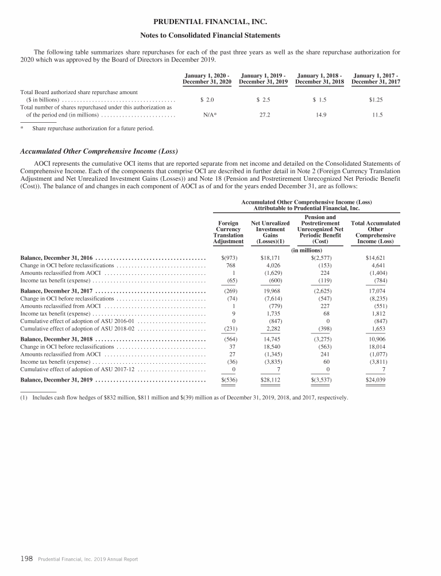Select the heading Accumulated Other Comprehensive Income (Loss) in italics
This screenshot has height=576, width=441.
point(99,151)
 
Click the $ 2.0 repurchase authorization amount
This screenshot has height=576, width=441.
point(207,99)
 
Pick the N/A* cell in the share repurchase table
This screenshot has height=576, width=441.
point(210,115)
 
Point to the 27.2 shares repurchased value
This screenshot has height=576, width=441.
point(264,115)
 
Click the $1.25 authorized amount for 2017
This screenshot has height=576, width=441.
point(376,99)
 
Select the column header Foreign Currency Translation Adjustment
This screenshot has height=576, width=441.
point(228,232)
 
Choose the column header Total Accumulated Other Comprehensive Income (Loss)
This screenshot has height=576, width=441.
point(376,232)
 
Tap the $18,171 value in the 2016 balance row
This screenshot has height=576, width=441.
point(270,258)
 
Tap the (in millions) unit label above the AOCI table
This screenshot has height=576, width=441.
point(306,250)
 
